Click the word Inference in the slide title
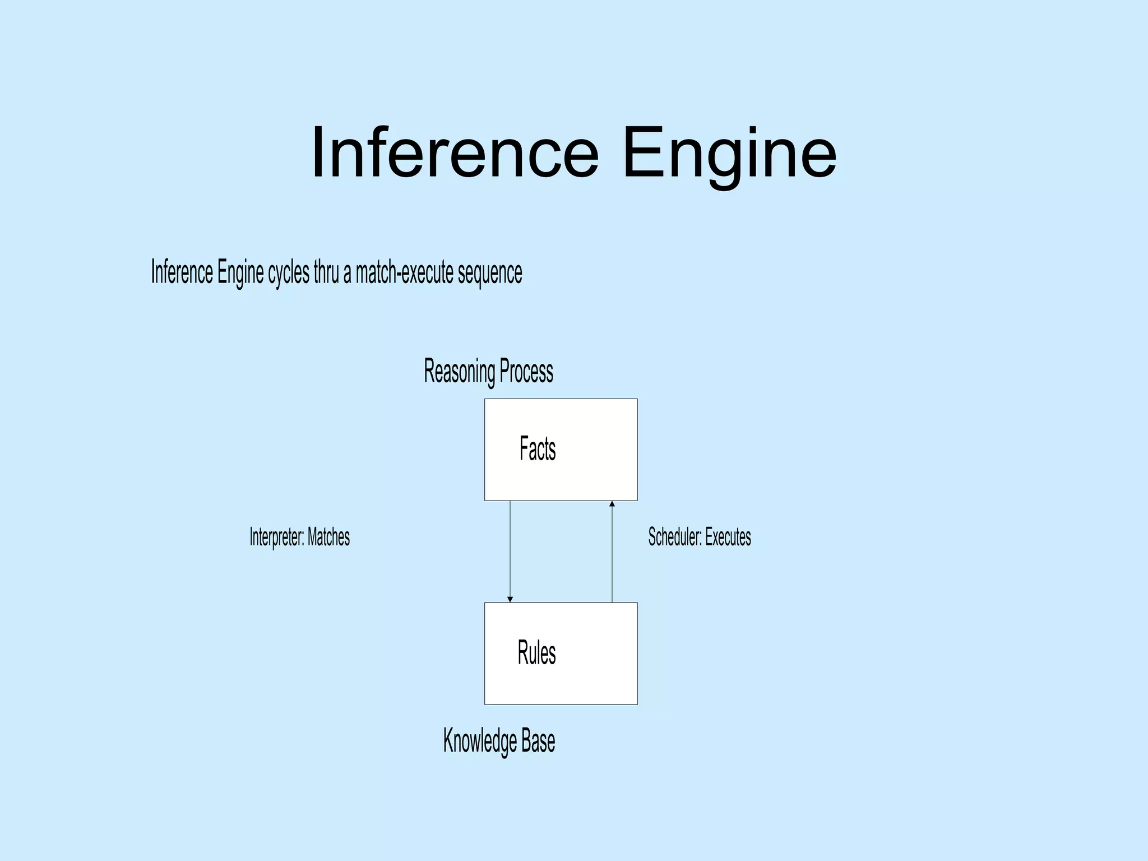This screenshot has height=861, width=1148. (455, 152)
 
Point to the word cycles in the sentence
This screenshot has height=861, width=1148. (288, 272)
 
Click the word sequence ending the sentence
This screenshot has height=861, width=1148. (490, 274)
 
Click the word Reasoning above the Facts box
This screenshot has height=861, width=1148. (459, 372)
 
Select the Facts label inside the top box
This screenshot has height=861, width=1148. (538, 449)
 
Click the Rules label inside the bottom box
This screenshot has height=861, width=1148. (536, 653)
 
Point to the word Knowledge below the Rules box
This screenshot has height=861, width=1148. (480, 740)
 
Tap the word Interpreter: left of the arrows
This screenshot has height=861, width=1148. (277, 537)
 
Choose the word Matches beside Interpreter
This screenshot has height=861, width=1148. (328, 537)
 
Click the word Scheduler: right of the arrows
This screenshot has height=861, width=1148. (675, 537)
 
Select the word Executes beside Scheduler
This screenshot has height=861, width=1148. (728, 537)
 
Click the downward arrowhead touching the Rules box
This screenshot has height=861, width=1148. (510, 599)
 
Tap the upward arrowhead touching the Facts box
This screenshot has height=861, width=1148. (612, 504)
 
